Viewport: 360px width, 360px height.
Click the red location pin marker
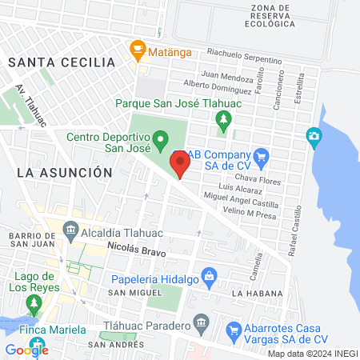pos(180,165)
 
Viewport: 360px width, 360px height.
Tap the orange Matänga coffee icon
pos(137,49)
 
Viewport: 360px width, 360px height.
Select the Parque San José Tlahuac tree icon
pos(223,120)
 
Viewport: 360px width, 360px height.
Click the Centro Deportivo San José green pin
pos(160,141)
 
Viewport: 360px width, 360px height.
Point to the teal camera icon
pos(314,138)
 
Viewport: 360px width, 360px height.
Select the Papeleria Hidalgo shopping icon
pos(210,277)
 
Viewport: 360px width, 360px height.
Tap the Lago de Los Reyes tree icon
pos(33,304)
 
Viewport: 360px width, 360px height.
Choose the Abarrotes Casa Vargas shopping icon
pos(234,330)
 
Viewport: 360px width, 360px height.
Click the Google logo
pos(26,350)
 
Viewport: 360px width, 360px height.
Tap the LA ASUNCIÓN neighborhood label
pos(63,171)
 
